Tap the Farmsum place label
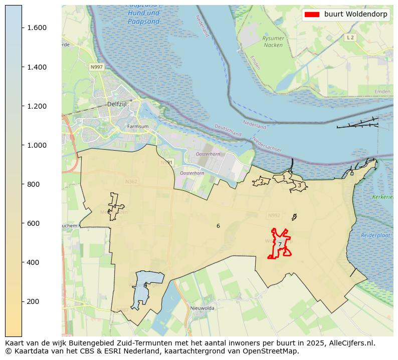(x=138, y=127)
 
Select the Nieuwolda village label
(x=202, y=308)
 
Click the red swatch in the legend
(x=312, y=15)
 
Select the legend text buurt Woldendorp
(x=356, y=15)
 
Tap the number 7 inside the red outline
(x=280, y=244)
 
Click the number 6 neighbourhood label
(x=218, y=226)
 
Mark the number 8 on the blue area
(x=145, y=286)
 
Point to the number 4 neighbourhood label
(x=114, y=206)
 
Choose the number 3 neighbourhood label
(x=299, y=185)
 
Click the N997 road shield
(x=96, y=67)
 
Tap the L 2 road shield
(x=350, y=38)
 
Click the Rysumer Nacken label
(x=273, y=42)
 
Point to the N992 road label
(x=274, y=216)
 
